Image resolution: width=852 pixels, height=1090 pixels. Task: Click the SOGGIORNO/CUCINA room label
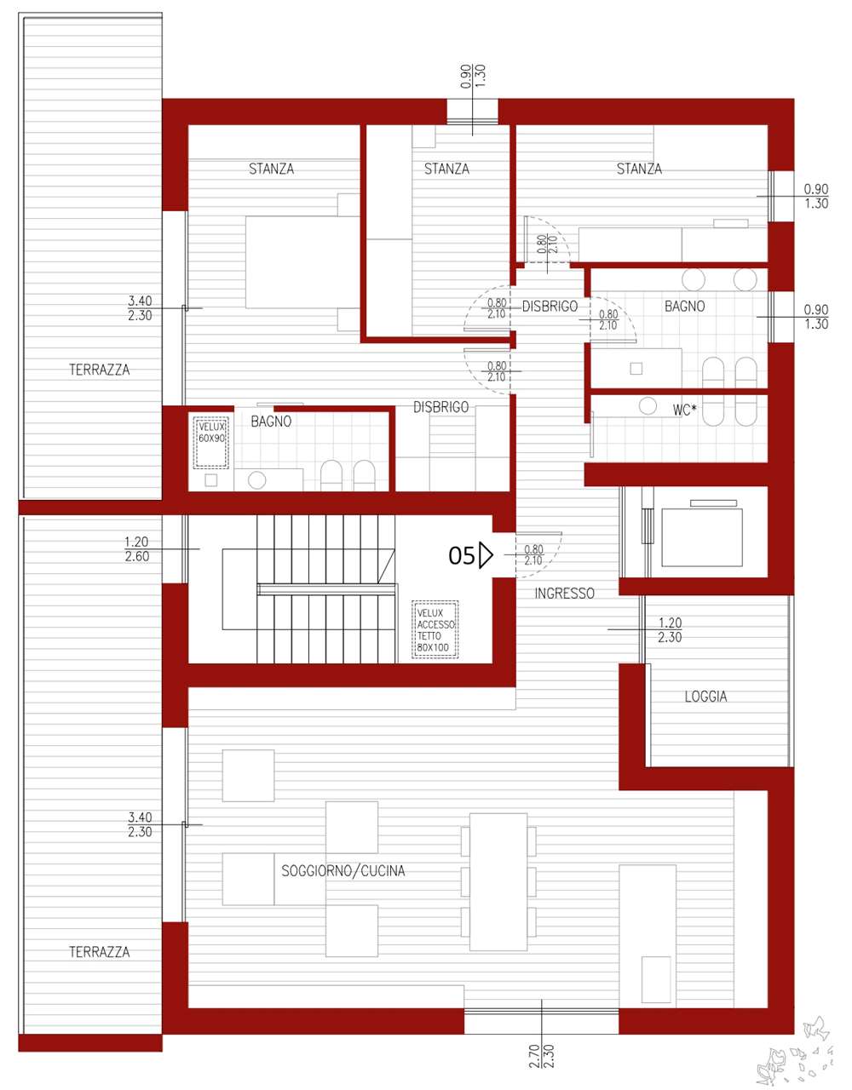point(343,870)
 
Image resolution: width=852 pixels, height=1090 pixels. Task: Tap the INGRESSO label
point(565,594)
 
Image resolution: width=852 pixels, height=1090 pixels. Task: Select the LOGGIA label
point(705,697)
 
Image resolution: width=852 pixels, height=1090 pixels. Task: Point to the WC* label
point(684,410)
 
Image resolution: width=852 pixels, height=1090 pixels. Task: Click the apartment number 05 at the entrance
point(461,556)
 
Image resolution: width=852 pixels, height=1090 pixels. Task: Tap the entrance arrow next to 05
point(486,555)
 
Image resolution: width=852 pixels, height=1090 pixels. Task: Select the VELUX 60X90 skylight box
point(211,442)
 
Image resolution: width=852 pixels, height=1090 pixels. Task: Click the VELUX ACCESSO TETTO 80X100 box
point(435,629)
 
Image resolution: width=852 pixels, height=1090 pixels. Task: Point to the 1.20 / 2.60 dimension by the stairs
point(136,548)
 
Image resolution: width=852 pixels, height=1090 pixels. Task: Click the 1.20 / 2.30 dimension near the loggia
point(670,629)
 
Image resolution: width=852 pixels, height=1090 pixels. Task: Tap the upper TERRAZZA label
point(100,370)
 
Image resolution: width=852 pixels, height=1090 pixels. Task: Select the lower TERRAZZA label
point(100,951)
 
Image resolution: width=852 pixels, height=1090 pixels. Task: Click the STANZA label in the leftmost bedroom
point(272,169)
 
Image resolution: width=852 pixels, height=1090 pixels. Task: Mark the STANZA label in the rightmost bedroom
point(639,169)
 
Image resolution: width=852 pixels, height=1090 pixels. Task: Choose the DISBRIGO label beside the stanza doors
point(550,306)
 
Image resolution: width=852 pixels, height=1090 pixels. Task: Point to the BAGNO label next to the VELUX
point(271,422)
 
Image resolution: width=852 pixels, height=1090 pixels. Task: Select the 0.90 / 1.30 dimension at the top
point(473,77)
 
